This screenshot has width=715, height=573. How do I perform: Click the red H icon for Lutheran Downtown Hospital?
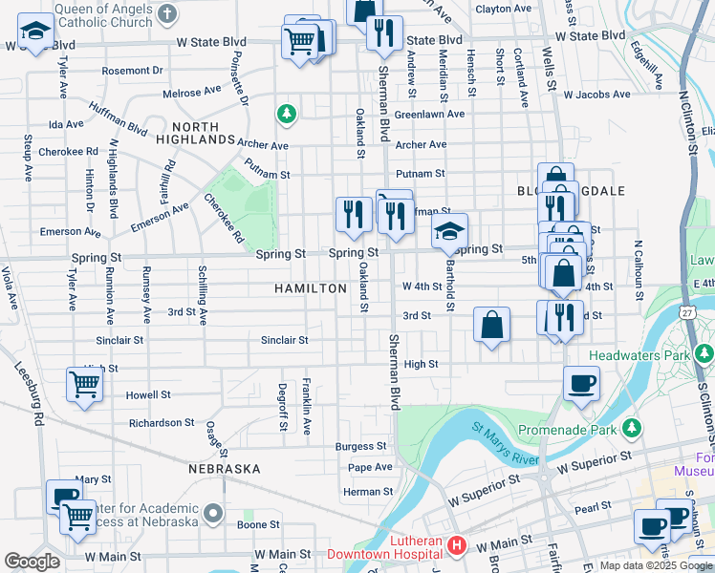[x=457, y=546]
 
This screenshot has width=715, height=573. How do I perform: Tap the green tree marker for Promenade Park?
[x=630, y=426]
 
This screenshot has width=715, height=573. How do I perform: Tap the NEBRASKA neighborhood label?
[x=225, y=469]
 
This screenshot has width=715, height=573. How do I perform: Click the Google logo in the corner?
[x=32, y=562]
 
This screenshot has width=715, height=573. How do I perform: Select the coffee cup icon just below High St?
[x=581, y=384]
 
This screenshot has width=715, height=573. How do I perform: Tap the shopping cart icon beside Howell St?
[x=85, y=386]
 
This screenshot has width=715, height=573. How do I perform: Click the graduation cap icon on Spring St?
[x=449, y=230]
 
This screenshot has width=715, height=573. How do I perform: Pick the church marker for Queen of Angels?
[x=168, y=12]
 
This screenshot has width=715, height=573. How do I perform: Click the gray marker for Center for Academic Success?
[x=217, y=514]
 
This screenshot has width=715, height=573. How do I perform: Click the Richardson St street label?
[x=162, y=422]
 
